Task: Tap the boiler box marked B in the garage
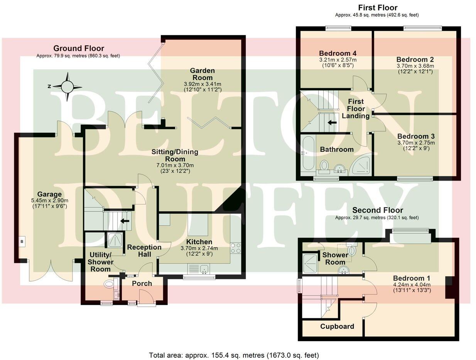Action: pyautogui.click(x=22, y=242)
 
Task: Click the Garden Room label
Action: pyautogui.click(x=202, y=74)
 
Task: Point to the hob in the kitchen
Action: pyautogui.click(x=236, y=248)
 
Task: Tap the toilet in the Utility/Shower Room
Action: pyautogui.click(x=109, y=285)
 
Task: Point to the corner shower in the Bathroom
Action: pyautogui.click(x=361, y=166)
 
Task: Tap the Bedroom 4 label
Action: pyautogui.click(x=338, y=53)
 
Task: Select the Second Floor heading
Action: pyautogui.click(x=377, y=210)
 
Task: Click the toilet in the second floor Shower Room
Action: pyautogui.click(x=352, y=251)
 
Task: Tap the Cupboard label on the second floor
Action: pyautogui.click(x=337, y=326)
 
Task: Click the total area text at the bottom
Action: pyautogui.click(x=234, y=355)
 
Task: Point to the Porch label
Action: pyautogui.click(x=142, y=284)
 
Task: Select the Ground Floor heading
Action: pyautogui.click(x=78, y=49)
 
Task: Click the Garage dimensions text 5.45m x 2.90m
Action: pyautogui.click(x=50, y=201)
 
